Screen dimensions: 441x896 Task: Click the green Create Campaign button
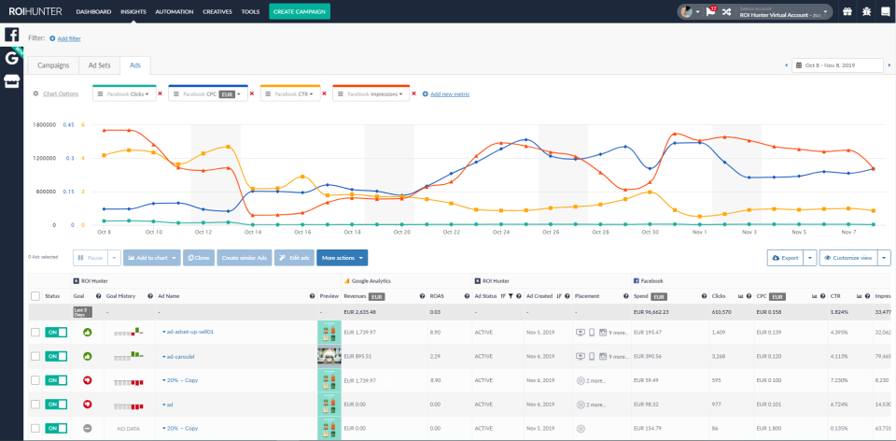tap(299, 11)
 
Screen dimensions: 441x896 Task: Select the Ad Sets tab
tap(99, 65)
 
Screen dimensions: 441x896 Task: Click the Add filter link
tap(68, 38)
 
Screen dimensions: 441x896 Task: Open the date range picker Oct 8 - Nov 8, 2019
tap(837, 65)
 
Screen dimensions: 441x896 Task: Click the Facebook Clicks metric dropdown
tap(123, 94)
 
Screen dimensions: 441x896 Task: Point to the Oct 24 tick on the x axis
tap(501, 232)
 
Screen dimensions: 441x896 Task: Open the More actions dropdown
tap(343, 257)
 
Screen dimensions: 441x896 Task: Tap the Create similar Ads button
tap(243, 257)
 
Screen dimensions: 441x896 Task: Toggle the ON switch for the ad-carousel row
tap(56, 356)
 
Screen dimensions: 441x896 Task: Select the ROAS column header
tap(436, 295)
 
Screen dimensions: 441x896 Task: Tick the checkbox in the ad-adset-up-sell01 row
tap(35, 332)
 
